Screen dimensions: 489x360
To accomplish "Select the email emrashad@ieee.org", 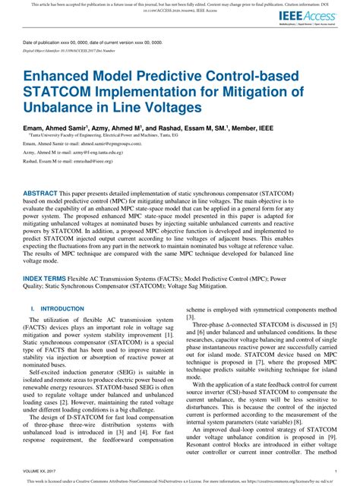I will pyautogui.click(x=94, y=161).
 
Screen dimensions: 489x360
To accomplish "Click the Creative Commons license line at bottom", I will pyautogui.click(x=179, y=483).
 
